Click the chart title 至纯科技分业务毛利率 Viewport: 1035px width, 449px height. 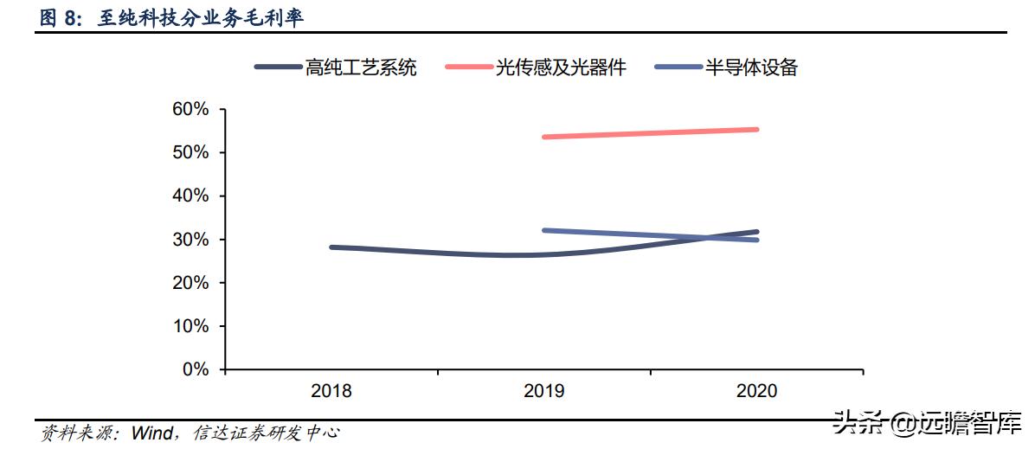200,18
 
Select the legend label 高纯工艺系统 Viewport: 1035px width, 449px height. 361,67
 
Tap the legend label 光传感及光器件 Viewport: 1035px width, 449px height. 560,67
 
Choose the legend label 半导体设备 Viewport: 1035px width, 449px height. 751,67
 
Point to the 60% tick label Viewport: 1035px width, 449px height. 190,109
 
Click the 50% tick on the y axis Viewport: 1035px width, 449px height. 190,152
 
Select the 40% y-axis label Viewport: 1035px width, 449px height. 190,196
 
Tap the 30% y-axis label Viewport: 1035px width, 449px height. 190,240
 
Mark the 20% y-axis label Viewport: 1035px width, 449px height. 190,283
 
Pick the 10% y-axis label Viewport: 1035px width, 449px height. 190,326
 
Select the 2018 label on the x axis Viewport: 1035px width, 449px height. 331,391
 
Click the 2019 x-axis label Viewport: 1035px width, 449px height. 544,391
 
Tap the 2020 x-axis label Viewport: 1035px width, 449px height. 756,391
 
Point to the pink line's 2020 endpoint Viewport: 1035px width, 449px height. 756,130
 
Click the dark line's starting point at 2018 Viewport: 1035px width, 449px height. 332,247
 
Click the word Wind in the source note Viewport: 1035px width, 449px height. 151,433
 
